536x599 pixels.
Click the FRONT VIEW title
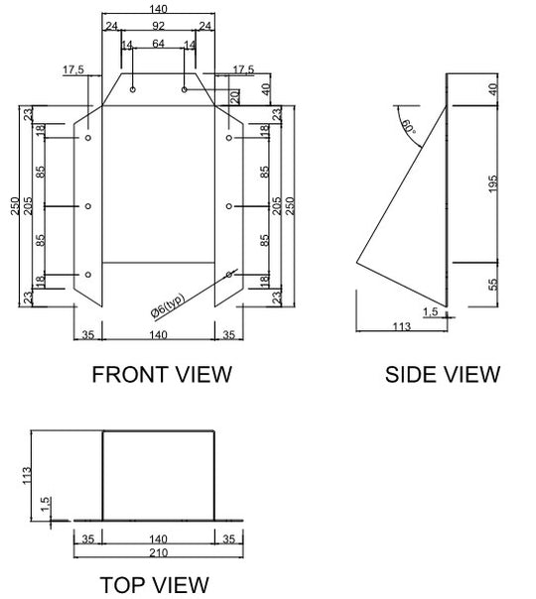161,374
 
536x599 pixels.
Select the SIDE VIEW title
443,374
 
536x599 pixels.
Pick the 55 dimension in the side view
494,285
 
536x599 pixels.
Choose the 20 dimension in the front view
235,96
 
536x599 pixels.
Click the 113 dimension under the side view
402,323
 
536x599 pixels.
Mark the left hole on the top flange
132,89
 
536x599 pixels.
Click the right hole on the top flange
185,89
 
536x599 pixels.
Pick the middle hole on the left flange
88,206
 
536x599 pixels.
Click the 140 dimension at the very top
158,9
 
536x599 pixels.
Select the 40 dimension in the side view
494,88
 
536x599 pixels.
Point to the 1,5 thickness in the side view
430,311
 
